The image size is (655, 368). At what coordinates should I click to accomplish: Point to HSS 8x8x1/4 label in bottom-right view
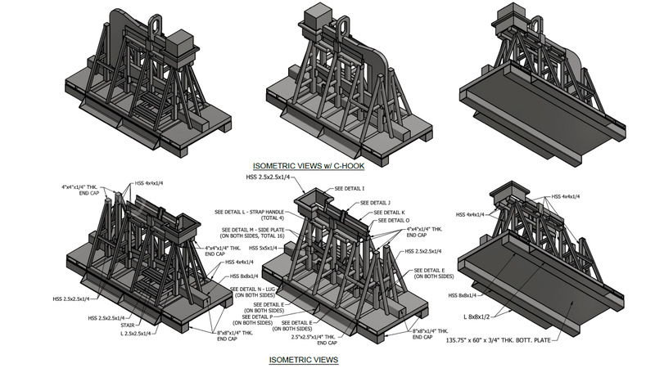[x=463, y=295]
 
